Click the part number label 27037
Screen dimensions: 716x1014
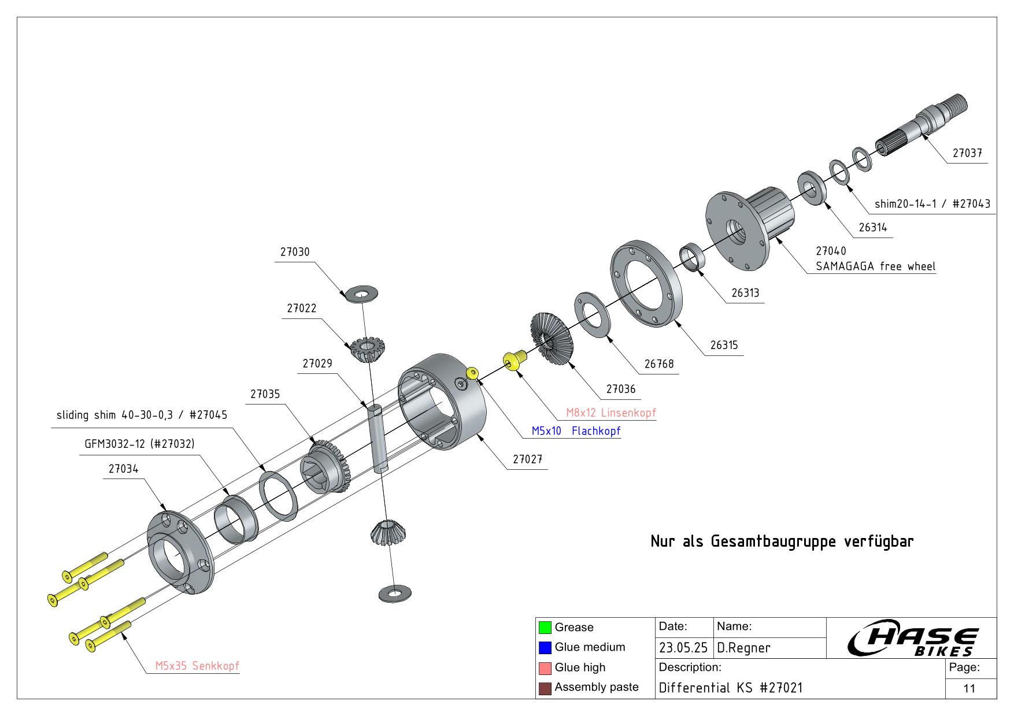967,153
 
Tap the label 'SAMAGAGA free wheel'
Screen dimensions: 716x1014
875,266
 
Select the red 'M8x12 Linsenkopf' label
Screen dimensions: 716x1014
611,413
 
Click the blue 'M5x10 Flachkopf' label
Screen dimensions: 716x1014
576,431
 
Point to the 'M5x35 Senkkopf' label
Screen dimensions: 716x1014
197,666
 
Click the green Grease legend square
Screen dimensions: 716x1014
545,628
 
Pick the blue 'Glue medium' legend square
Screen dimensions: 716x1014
545,647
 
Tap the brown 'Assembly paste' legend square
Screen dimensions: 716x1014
545,688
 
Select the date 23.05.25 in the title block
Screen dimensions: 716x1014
683,648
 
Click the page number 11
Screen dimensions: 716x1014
969,688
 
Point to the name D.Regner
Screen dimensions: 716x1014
743,648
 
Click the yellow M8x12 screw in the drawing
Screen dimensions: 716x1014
513,361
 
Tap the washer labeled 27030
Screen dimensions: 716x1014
361,293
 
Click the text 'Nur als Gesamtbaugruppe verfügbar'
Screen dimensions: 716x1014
782,542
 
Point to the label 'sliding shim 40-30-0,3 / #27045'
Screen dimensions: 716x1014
142,415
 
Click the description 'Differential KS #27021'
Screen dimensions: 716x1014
731,688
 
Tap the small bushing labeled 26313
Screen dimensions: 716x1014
692,257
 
